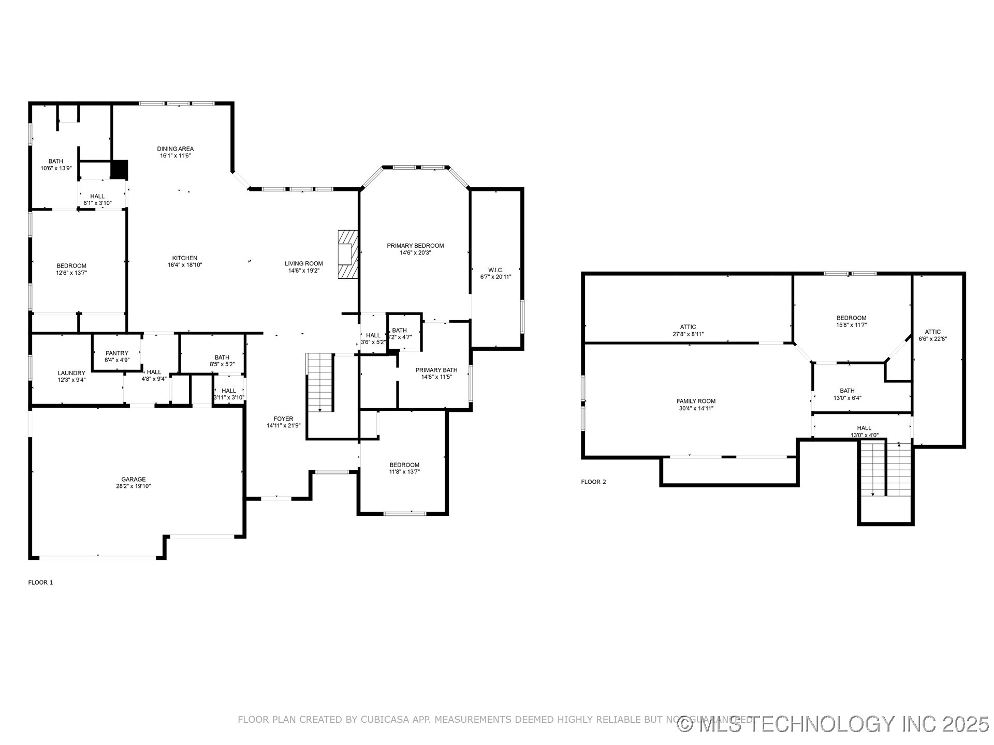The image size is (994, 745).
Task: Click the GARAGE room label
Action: pyautogui.click(x=133, y=479)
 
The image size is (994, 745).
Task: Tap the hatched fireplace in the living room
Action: pyautogui.click(x=348, y=255)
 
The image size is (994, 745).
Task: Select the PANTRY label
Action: pyautogui.click(x=116, y=353)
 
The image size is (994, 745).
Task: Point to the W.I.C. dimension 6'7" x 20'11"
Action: pyautogui.click(x=495, y=277)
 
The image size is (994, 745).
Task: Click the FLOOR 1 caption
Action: pyautogui.click(x=40, y=583)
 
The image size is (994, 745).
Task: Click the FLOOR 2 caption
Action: pyautogui.click(x=593, y=482)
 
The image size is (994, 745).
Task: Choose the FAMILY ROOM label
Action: pyautogui.click(x=696, y=401)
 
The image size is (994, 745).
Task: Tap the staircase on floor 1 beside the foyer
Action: pyautogui.click(x=319, y=382)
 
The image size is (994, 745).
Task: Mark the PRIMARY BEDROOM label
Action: pyautogui.click(x=415, y=246)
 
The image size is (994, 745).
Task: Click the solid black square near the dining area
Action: pyautogui.click(x=119, y=169)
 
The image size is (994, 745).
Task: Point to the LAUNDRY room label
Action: pyautogui.click(x=71, y=373)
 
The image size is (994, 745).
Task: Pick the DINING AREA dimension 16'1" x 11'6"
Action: pyautogui.click(x=176, y=156)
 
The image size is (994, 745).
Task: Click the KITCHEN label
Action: pyautogui.click(x=185, y=258)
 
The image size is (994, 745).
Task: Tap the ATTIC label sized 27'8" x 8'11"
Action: pyautogui.click(x=688, y=327)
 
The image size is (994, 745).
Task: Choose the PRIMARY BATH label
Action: pyautogui.click(x=436, y=370)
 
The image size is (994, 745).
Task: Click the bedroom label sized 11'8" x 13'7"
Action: pyautogui.click(x=404, y=465)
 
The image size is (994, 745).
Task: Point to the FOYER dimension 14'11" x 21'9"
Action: pyautogui.click(x=283, y=426)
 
